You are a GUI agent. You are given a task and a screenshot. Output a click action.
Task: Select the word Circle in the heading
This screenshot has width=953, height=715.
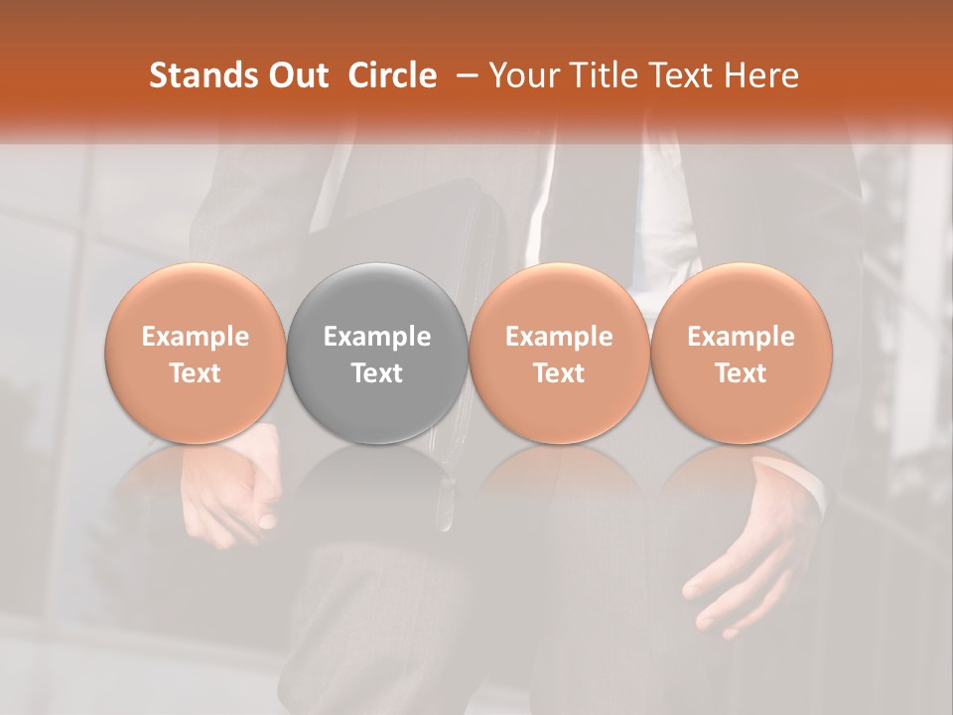tap(392, 75)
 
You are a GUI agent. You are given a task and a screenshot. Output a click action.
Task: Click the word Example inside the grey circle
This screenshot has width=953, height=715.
tap(377, 337)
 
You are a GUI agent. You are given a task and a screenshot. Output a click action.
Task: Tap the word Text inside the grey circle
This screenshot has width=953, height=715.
tap(377, 373)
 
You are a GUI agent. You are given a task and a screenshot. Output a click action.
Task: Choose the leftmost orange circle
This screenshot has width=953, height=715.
tap(196, 298)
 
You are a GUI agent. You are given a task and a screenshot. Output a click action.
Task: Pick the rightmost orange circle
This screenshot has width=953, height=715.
tap(742, 298)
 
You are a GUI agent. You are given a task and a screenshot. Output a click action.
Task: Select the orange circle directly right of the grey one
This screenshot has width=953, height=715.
tap(559, 298)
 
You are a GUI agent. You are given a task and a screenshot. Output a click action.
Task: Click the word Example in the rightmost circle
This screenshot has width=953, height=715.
tap(742, 337)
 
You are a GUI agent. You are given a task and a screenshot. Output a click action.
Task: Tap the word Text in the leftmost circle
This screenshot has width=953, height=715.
tap(196, 373)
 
